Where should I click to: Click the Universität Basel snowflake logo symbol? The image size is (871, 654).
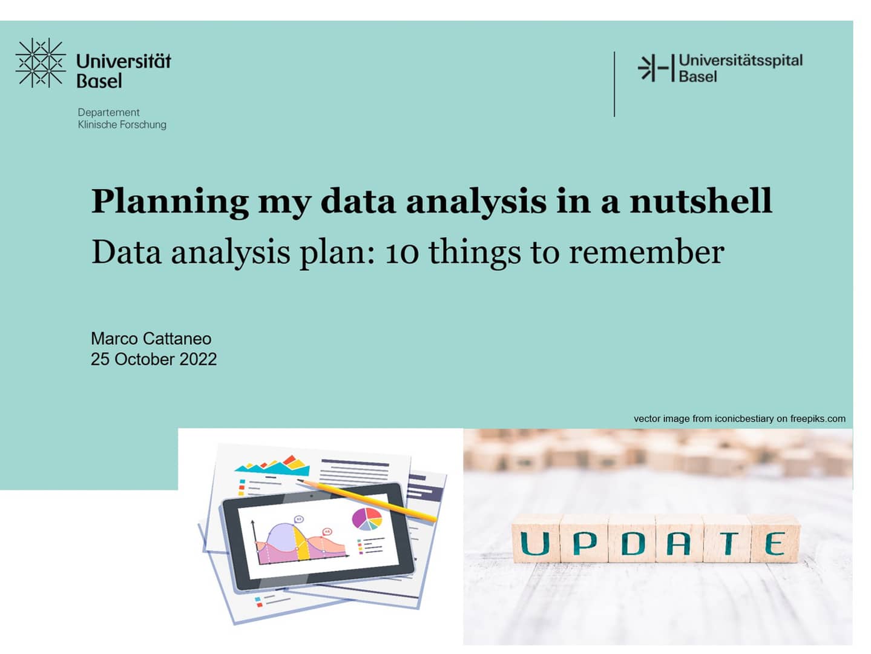click(40, 63)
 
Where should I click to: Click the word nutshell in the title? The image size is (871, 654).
click(701, 202)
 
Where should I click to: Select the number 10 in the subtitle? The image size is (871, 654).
click(402, 253)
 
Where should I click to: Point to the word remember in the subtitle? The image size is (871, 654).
click(646, 253)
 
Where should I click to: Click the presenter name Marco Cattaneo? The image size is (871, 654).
click(151, 339)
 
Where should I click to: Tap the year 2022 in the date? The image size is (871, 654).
click(198, 359)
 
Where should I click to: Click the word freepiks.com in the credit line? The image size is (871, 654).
click(818, 418)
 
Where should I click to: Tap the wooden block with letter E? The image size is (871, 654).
click(775, 541)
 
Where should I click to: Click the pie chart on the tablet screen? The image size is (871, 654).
click(367, 519)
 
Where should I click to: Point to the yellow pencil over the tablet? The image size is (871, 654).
click(369, 500)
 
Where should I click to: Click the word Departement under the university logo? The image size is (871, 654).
click(108, 113)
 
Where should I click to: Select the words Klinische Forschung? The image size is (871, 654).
click(122, 125)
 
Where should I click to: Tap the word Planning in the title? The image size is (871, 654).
click(169, 202)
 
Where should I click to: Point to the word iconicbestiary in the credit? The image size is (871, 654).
click(744, 418)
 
